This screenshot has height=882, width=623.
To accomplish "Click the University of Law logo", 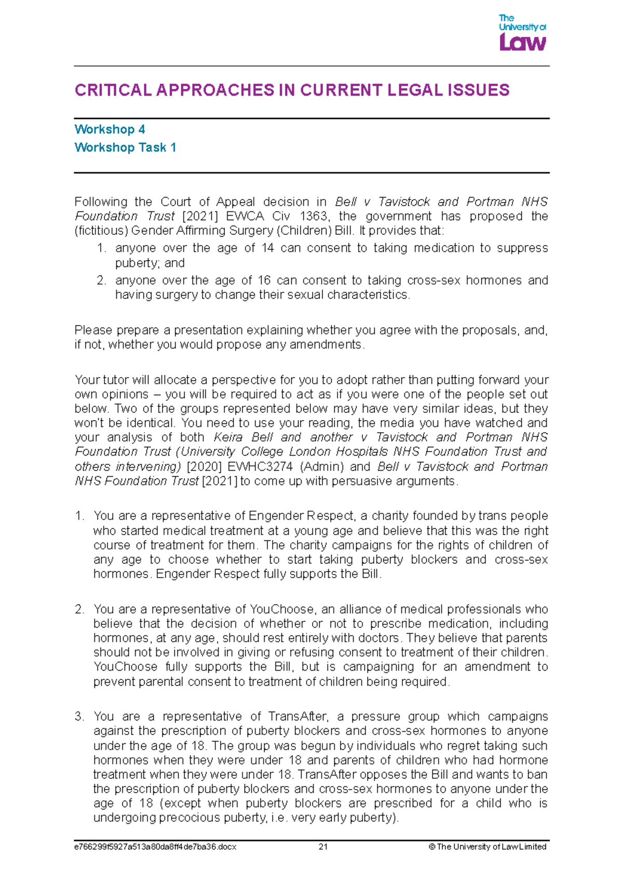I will [x=522, y=33].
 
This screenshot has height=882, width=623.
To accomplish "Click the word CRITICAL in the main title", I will [x=113, y=90].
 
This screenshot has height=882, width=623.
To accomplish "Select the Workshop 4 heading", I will [x=110, y=129].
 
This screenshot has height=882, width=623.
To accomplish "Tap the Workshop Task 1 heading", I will [x=125, y=148].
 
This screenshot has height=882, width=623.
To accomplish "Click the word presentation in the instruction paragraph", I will [x=209, y=330].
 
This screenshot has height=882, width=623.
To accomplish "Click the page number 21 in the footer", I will [x=323, y=847].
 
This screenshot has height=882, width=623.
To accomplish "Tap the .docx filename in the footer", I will [x=155, y=847].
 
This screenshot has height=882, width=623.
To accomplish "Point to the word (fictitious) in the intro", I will [x=101, y=231].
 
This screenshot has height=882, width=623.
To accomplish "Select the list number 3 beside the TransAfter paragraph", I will [x=79, y=717].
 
